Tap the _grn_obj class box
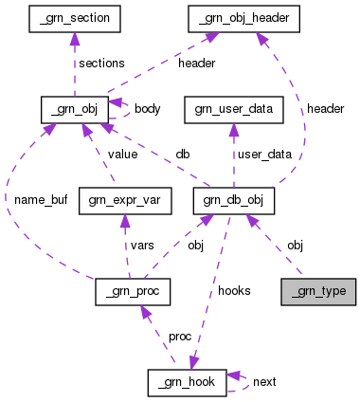coord(71,108)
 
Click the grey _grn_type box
coord(318,291)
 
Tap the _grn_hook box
coord(187,382)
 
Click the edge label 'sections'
coord(102,63)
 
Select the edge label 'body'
coord(147,109)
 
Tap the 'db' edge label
coord(182,155)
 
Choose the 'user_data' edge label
coord(264,155)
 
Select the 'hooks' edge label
coord(234,291)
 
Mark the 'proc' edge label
coord(180,337)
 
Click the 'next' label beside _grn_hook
coord(264,382)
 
